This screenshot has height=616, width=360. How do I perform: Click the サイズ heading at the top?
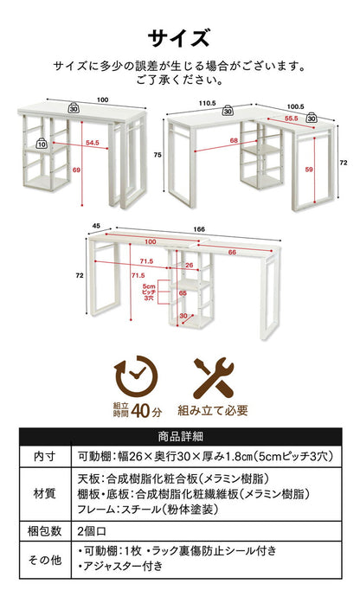[x=179, y=38]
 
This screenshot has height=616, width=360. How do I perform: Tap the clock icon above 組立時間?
[x=134, y=377]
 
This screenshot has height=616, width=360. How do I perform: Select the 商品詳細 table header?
[x=180, y=436]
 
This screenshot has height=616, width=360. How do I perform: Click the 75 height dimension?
[x=158, y=153]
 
